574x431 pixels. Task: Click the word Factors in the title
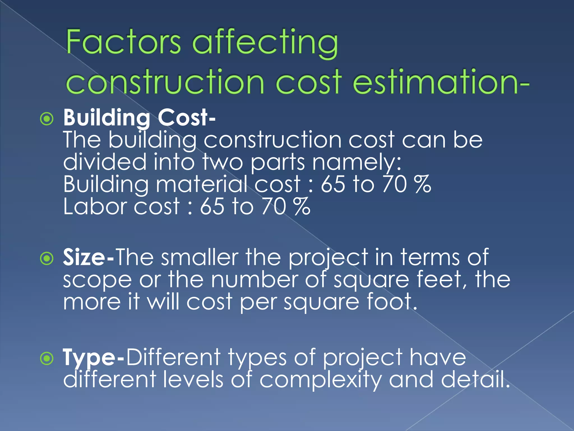pyautogui.click(x=123, y=42)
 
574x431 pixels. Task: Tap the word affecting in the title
pyautogui.click(x=265, y=43)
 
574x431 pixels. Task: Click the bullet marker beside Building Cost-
pyautogui.click(x=47, y=119)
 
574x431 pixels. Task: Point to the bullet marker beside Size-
pyautogui.click(x=47, y=258)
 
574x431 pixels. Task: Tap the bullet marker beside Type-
pyautogui.click(x=47, y=358)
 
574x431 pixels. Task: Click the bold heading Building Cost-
pyautogui.click(x=139, y=118)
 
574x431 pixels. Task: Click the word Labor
pyautogui.click(x=94, y=207)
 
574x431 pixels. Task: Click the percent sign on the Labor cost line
pyautogui.click(x=302, y=207)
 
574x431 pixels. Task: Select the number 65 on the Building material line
pyautogui.click(x=333, y=184)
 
